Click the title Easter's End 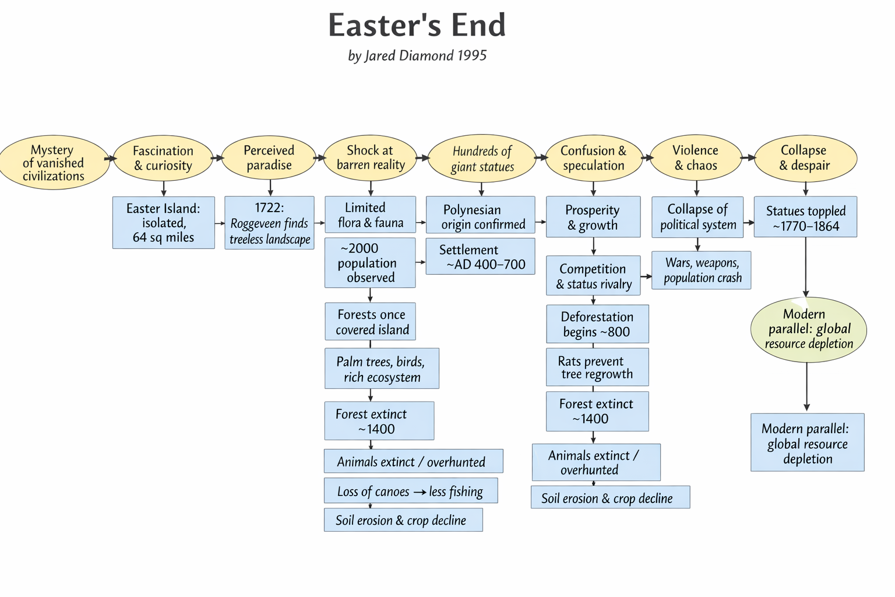click(x=417, y=25)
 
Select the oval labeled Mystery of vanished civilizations click(x=54, y=162)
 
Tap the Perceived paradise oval click(x=269, y=157)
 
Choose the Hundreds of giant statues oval click(x=482, y=159)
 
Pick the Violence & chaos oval click(x=696, y=157)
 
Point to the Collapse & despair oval click(x=805, y=158)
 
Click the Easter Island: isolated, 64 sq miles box click(x=163, y=222)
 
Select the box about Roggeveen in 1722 click(x=269, y=223)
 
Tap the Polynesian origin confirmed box click(x=480, y=215)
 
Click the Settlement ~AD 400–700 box click(x=480, y=257)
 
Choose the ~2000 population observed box click(x=370, y=263)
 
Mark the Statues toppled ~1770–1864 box click(x=805, y=217)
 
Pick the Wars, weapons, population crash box click(x=701, y=271)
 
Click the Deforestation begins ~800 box click(x=597, y=324)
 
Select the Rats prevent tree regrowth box click(x=597, y=367)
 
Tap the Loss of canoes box click(x=411, y=490)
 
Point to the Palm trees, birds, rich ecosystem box click(x=382, y=368)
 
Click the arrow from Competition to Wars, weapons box click(x=646, y=276)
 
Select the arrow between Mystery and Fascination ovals click(x=111, y=159)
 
